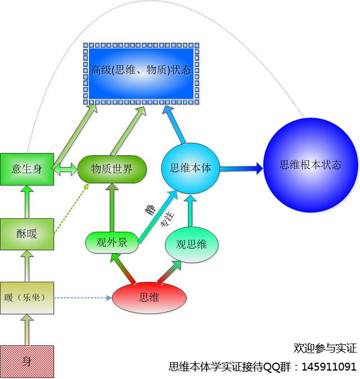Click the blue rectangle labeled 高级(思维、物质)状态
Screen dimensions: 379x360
[141, 73]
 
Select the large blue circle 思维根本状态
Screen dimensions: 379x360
[310, 165]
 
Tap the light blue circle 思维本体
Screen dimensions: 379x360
[190, 168]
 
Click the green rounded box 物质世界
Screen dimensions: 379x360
[112, 169]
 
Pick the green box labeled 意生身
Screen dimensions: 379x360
[27, 168]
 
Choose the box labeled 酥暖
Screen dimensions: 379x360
[27, 233]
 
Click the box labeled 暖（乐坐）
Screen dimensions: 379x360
[27, 297]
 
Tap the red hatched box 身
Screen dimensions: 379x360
[27, 361]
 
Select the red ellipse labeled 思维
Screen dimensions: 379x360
[148, 297]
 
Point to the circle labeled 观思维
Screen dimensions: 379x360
[191, 244]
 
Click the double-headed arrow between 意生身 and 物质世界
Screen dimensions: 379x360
[66, 169]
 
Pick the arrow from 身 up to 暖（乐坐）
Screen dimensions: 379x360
[27, 329]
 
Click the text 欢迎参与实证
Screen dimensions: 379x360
[325, 348]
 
